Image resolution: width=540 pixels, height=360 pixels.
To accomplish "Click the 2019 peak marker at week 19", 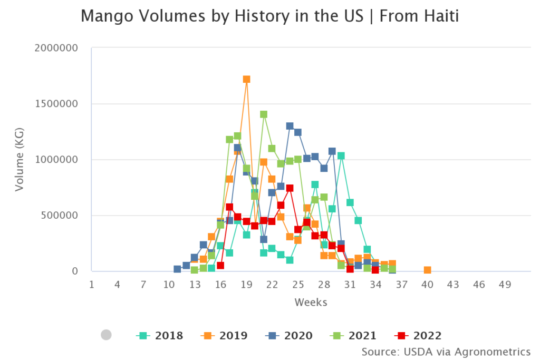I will [246, 80].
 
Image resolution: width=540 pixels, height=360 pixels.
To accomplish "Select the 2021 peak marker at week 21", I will [264, 114].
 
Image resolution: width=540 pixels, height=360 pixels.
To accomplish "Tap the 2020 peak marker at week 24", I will [290, 126].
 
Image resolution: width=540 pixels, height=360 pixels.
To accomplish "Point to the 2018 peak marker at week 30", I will [341, 155].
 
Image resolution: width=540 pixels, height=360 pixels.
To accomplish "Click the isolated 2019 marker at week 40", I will [427, 270].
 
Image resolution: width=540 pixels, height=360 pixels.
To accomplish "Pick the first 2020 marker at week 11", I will [177, 269].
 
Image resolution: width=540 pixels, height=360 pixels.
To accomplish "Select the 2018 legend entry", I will [160, 335].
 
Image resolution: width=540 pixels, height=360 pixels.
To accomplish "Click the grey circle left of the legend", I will [106, 335].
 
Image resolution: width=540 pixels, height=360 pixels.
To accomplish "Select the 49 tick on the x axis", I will [505, 285].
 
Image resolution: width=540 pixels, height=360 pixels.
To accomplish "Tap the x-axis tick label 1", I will [92, 285].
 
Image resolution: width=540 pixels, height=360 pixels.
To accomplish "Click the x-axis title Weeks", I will [311, 302].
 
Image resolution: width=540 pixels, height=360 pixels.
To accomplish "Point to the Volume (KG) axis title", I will [19, 159].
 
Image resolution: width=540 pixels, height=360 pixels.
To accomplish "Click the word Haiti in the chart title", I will [439, 16].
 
